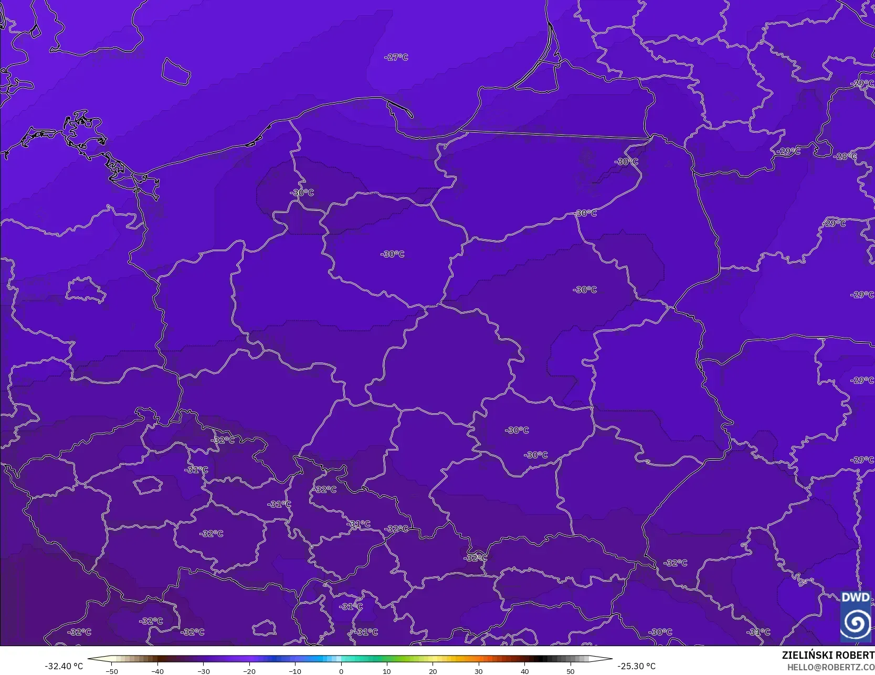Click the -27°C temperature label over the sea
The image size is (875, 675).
click(x=396, y=57)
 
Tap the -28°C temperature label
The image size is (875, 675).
click(x=846, y=156)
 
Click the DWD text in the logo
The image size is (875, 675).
click(x=855, y=597)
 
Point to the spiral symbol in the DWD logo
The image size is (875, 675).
click(x=856, y=623)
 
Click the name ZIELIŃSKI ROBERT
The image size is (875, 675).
click(x=828, y=655)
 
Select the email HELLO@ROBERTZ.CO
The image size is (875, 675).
click(x=830, y=667)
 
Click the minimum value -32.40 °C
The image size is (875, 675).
click(x=64, y=666)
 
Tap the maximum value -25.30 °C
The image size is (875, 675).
click(x=636, y=666)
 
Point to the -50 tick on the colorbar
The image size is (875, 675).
click(x=112, y=671)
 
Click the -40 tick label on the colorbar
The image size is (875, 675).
click(x=157, y=671)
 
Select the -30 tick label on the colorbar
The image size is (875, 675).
click(x=204, y=671)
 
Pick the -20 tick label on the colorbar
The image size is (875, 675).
click(x=249, y=671)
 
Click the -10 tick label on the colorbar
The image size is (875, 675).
click(x=295, y=671)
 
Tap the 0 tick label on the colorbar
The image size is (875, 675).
click(x=341, y=671)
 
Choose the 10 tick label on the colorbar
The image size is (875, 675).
click(x=387, y=671)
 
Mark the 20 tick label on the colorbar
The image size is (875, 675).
click(x=433, y=671)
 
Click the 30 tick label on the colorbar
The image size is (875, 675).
click(x=479, y=671)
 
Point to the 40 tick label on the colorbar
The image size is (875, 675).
click(x=524, y=671)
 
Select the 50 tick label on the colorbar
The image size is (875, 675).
click(x=571, y=671)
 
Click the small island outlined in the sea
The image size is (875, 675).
click(x=175, y=71)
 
